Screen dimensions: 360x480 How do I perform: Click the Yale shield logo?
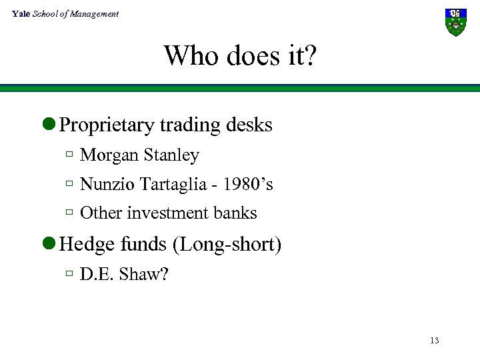(456, 22)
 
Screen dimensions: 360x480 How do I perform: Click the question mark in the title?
(310, 55)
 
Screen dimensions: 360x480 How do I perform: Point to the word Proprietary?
(106, 125)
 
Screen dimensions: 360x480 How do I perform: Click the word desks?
(250, 125)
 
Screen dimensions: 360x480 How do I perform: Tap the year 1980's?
(247, 184)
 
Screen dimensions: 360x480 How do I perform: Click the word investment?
(167, 213)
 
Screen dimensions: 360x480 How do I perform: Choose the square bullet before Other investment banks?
(69, 213)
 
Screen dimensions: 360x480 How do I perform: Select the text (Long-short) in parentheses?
(227, 245)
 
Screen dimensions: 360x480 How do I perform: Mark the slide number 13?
(435, 341)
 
